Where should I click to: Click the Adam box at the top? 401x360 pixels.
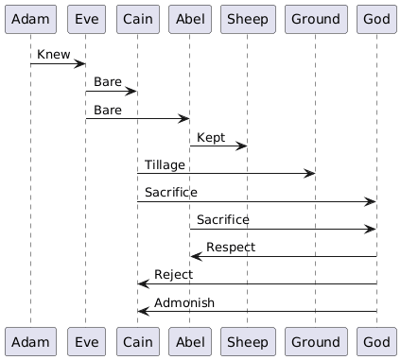pos(30,19)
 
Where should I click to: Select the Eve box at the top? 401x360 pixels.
pos(85,19)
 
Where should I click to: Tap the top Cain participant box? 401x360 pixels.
pos(137,19)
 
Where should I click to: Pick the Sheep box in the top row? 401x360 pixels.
pos(246,19)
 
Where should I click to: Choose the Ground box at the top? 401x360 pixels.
pos(313,19)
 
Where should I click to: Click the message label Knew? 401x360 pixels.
pos(53,55)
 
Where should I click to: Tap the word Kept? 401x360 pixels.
pos(211,137)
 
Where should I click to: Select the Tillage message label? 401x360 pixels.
pos(165,164)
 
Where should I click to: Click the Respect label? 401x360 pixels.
pos(232,247)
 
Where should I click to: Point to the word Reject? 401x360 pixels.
pos(173,274)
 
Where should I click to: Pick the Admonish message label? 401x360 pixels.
pos(184,302)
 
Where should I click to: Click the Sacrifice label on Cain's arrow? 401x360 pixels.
pos(171,192)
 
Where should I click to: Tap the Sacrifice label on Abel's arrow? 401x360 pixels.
pos(223,219)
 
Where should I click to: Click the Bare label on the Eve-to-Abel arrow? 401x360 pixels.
pos(107,110)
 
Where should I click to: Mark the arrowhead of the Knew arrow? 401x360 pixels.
pos(81,63)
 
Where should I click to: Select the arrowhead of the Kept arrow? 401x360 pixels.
pos(242,146)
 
